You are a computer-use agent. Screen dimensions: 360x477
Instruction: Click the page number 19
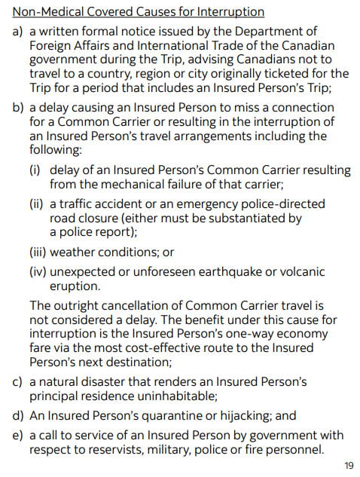point(348,465)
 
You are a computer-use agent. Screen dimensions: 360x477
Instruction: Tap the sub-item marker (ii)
point(37,203)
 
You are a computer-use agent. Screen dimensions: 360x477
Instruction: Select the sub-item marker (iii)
point(38,252)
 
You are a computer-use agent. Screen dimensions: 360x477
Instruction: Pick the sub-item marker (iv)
point(38,272)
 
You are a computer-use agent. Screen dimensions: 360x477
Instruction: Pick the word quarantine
point(166,415)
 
